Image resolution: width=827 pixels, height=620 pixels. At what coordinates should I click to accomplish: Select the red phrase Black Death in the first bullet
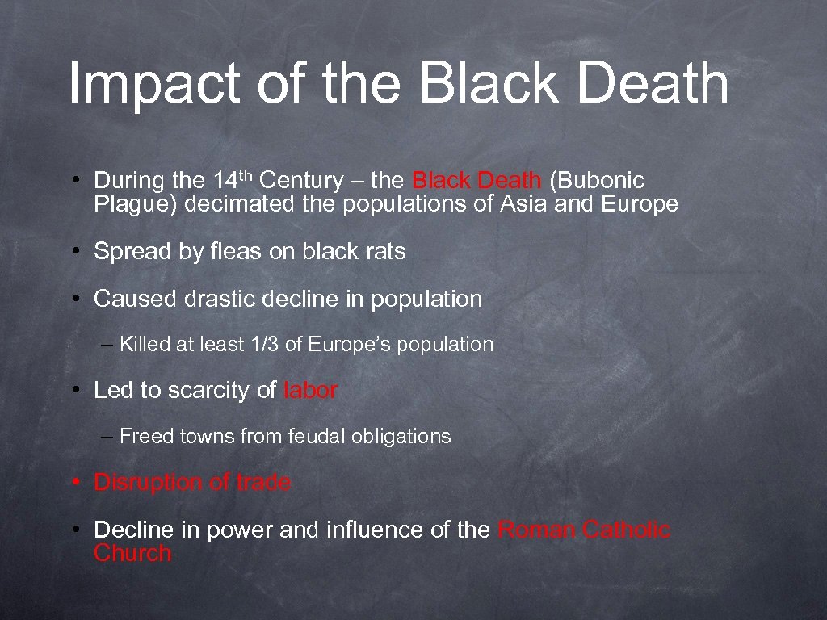476,180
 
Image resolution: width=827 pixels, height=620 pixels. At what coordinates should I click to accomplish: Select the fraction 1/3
263,345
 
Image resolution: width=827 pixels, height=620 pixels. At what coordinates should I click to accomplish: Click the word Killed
145,345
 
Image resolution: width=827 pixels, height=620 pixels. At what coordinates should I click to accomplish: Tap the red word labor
311,391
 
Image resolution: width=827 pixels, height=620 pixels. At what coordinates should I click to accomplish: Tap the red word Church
132,553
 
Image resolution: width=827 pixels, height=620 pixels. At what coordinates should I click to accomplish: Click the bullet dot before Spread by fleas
73,252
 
